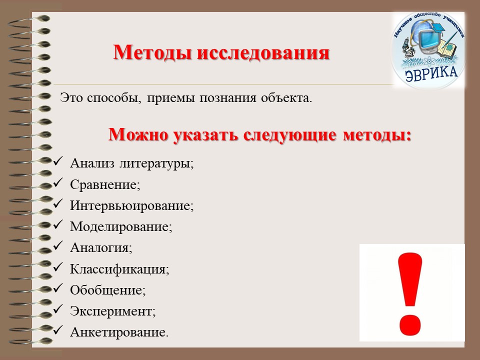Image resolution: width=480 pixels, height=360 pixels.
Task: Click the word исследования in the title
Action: pyautogui.click(x=263, y=52)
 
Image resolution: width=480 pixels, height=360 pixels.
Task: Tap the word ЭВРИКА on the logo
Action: pyautogui.click(x=431, y=74)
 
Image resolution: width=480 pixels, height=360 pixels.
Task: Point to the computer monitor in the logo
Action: pyautogui.click(x=426, y=38)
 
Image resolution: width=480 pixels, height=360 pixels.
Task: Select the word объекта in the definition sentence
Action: pyautogui.click(x=286, y=98)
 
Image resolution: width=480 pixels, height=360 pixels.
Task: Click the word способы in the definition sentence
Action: pyautogui.click(x=114, y=98)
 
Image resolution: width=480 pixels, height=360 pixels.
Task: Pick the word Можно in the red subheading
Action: pyautogui.click(x=138, y=134)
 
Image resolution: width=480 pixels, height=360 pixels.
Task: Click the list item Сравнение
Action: pyautogui.click(x=105, y=184)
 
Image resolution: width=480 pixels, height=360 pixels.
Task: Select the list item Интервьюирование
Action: pyautogui.click(x=132, y=205)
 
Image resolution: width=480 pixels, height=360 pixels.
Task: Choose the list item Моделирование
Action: pyautogui.click(x=121, y=227)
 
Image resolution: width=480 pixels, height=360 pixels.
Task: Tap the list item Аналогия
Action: pyautogui.click(x=101, y=247)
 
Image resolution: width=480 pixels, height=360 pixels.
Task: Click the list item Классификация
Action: pyautogui.click(x=119, y=269)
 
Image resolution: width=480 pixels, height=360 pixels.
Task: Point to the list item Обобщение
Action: pyautogui.click(x=108, y=290)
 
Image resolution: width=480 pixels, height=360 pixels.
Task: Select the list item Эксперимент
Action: pyautogui.click(x=113, y=311)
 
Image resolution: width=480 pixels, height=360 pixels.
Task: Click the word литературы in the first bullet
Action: pyautogui.click(x=156, y=163)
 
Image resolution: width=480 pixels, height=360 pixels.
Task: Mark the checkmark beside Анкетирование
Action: pyautogui.click(x=57, y=330)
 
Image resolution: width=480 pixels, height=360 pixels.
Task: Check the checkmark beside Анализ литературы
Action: pyautogui.click(x=57, y=161)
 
